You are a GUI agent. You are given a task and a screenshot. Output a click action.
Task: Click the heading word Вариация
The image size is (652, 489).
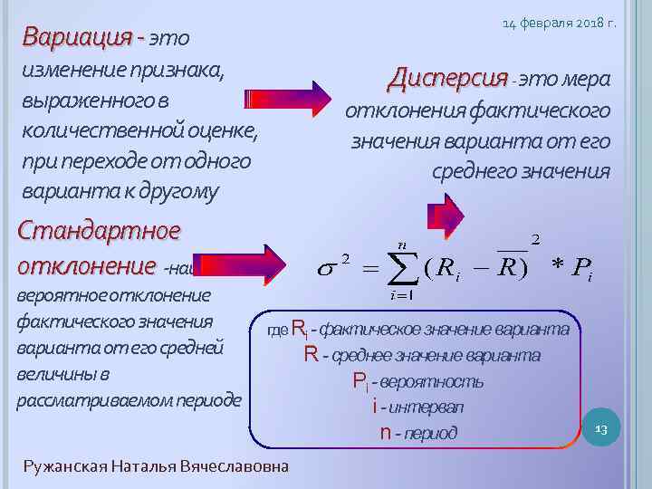click(78, 38)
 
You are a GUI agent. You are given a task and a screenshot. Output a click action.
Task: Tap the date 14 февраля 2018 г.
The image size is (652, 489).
click(559, 23)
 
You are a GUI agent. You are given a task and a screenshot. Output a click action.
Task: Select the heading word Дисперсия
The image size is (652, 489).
click(448, 79)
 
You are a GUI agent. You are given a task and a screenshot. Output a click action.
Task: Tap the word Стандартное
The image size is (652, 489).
click(99, 230)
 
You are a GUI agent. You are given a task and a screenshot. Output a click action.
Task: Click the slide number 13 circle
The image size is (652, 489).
click(599, 427)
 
